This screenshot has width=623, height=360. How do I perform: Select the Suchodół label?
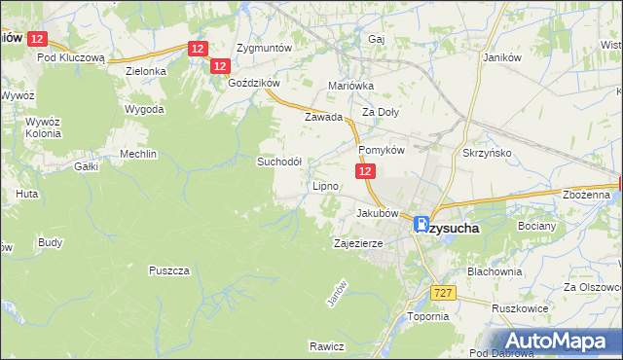tap(278, 162)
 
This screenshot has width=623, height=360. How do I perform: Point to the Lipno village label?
tap(325, 185)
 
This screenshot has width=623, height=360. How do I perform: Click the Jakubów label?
tap(378, 212)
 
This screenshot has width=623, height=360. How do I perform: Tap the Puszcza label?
tap(168, 270)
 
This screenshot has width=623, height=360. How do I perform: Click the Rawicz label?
tap(327, 346)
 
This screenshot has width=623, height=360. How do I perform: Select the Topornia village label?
tap(427, 316)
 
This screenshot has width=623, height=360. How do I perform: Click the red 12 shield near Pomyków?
tap(364, 171)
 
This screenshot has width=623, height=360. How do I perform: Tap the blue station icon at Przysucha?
tap(422, 223)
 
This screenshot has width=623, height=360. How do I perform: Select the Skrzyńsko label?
tap(488, 153)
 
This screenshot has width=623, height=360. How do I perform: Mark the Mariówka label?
tap(351, 86)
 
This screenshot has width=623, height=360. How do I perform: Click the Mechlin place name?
tap(137, 154)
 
